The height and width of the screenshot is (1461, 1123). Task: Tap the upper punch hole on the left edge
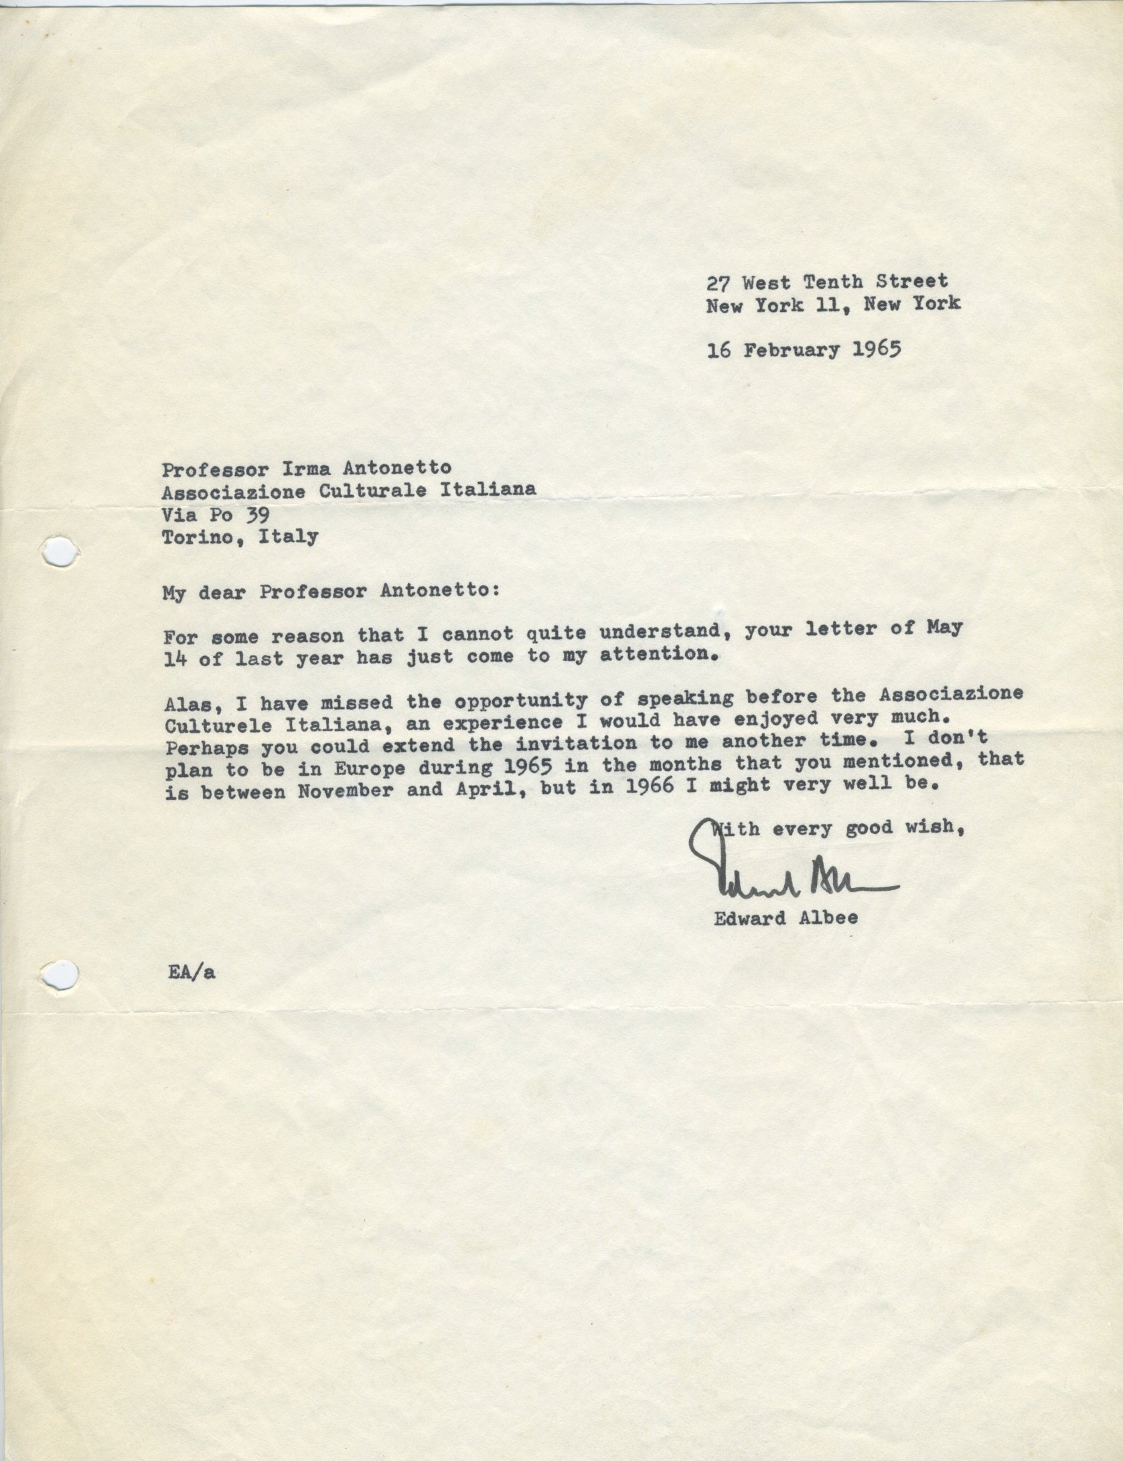59,551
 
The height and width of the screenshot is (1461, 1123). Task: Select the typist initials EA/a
192,974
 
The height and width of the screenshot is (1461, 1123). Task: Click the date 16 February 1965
804,349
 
